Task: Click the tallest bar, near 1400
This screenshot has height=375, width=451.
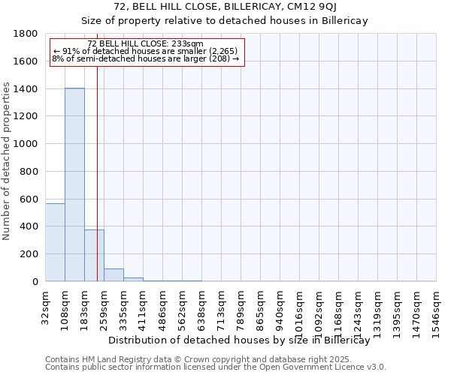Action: point(74,184)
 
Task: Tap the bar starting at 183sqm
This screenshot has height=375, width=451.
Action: point(94,255)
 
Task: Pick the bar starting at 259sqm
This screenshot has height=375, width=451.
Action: point(114,274)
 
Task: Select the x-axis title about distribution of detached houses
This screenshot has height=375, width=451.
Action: point(240,340)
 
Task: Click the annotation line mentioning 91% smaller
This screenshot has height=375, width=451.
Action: point(145,51)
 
